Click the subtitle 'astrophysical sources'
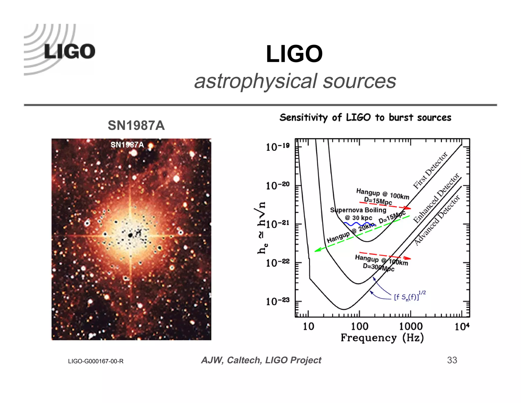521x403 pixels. pos(295,81)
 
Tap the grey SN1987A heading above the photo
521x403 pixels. pos(136,125)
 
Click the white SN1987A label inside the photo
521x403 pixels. pos(127,145)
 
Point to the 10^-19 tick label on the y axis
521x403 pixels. pos(278,147)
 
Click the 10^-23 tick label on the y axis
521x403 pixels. pos(278,301)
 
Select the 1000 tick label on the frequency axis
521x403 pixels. pos(411,326)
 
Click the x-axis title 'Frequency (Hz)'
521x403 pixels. pos(382,338)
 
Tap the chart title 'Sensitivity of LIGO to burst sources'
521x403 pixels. pos(365,117)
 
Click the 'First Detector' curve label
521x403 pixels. pos(430,170)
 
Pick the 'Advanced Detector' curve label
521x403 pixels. pos(437,220)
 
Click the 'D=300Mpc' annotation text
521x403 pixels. pos(378,267)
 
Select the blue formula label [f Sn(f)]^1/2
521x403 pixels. pos(410,296)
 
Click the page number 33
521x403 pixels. pos(452,360)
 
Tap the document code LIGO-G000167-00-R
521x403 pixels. pos(96,361)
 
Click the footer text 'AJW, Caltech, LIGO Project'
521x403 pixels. pos(261,360)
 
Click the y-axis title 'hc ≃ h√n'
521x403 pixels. pos(262,228)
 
